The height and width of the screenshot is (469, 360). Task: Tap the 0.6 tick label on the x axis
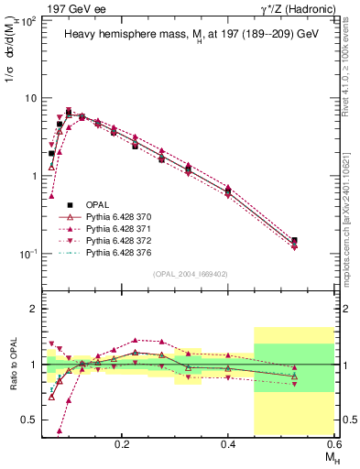tap(333, 442)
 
